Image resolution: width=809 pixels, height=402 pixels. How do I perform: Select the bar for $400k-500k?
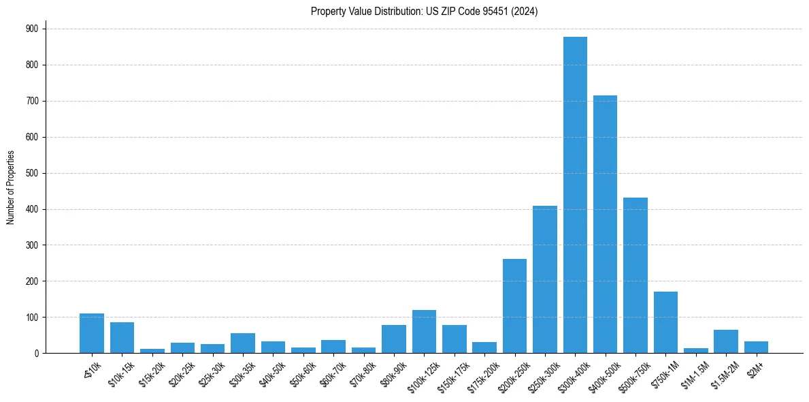pyautogui.click(x=605, y=224)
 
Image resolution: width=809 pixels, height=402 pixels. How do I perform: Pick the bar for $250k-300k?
pyautogui.click(x=545, y=279)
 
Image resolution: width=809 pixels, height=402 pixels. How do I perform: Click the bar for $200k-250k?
pyautogui.click(x=514, y=306)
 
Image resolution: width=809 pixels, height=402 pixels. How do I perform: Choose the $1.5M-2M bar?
pyautogui.click(x=726, y=341)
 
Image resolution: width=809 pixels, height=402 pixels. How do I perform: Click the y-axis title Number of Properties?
pyautogui.click(x=11, y=187)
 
